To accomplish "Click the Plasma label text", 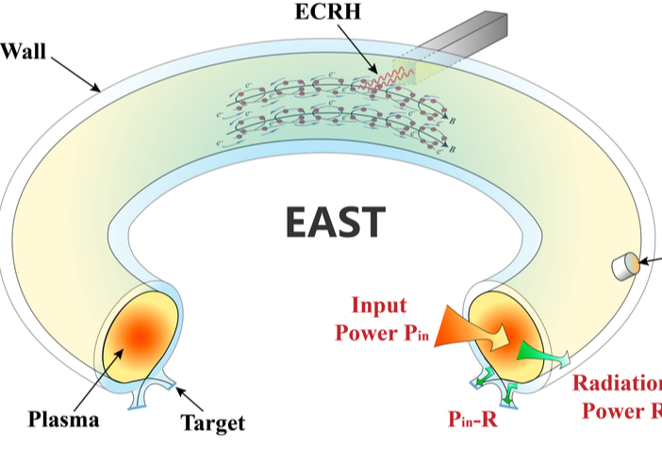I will (65, 419).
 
